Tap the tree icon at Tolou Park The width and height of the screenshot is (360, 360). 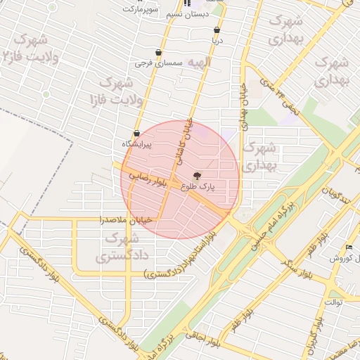(x=196, y=176)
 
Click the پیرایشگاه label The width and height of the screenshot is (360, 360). (x=137, y=143)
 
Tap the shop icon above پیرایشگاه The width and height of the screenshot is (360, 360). (x=136, y=133)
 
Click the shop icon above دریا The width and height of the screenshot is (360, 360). (x=217, y=30)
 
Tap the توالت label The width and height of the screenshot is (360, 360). (x=332, y=302)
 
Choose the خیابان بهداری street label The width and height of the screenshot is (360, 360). (x=245, y=105)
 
